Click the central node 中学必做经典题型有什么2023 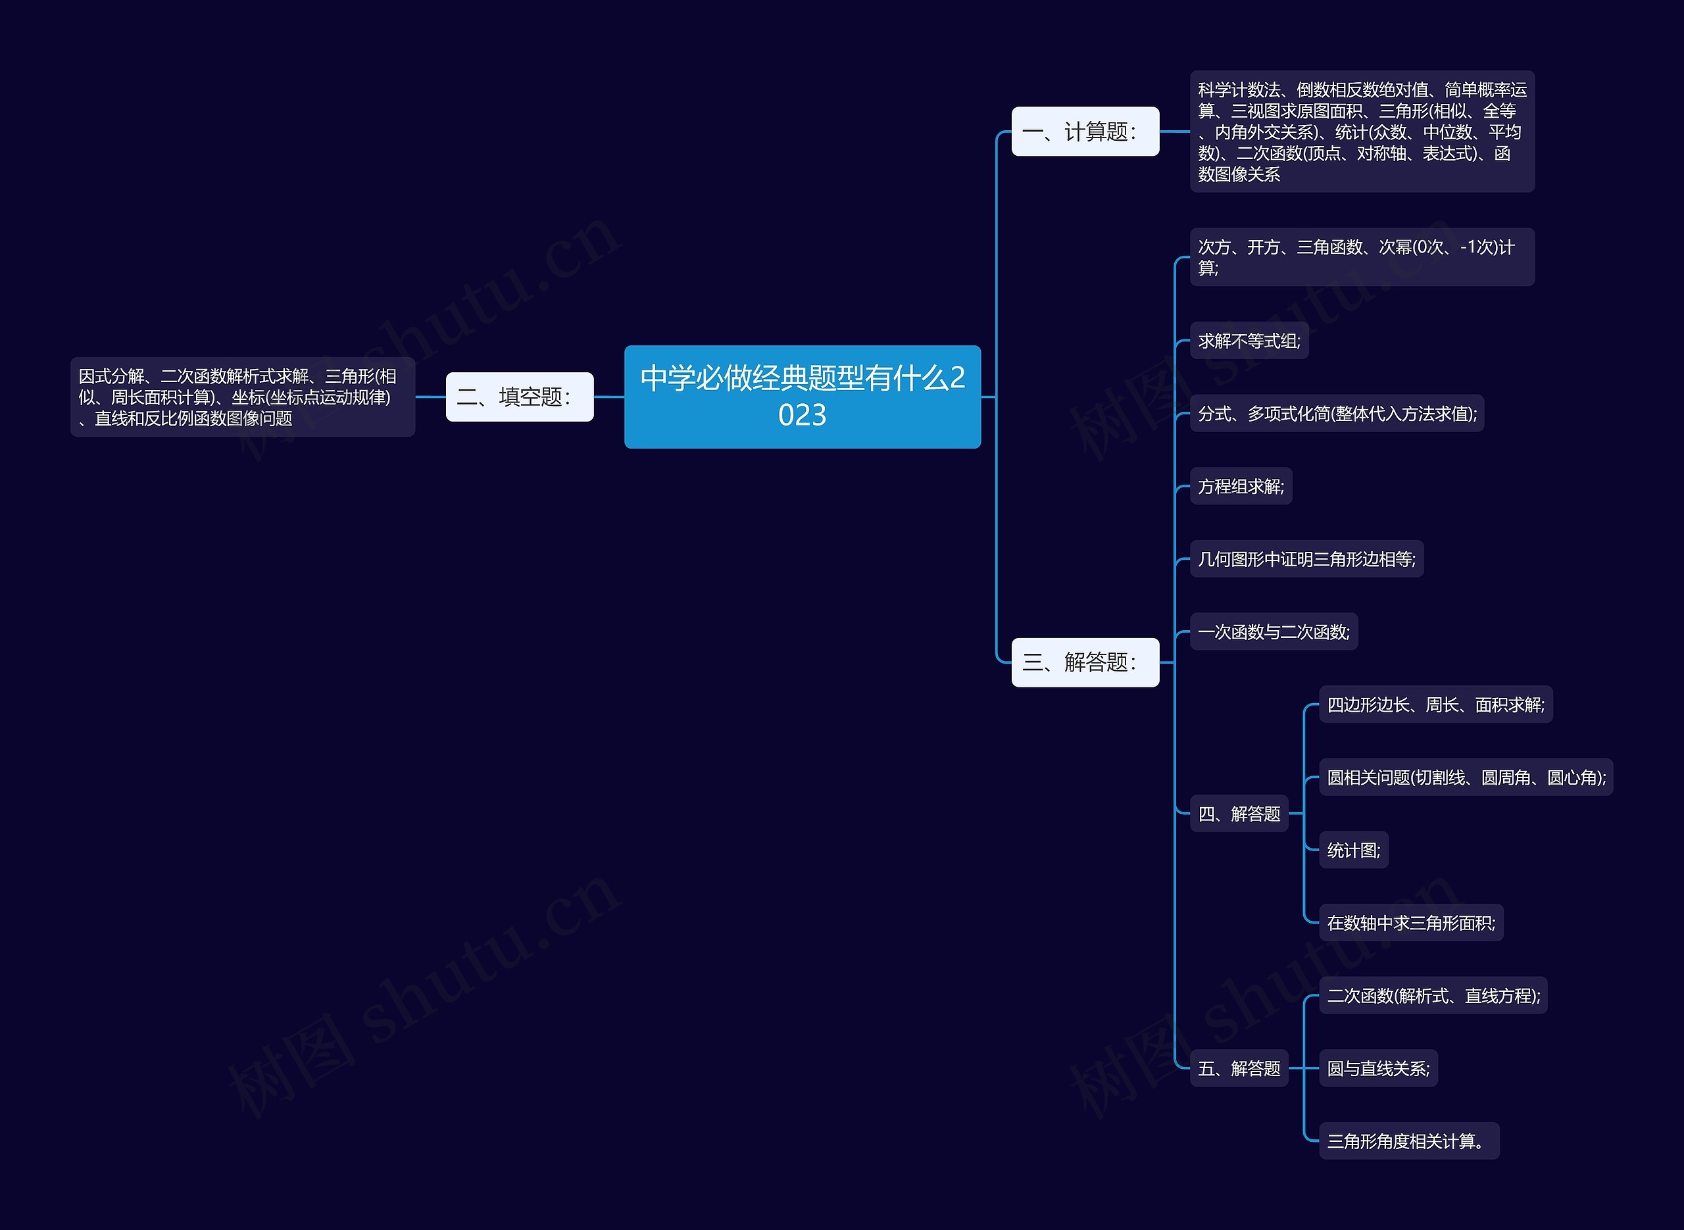(x=802, y=397)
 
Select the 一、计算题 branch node (x=1085, y=132)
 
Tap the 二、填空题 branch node (x=519, y=397)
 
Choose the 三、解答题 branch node (x=1085, y=662)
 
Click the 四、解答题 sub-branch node (x=1239, y=814)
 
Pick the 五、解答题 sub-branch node (x=1239, y=1068)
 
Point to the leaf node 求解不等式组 (x=1249, y=341)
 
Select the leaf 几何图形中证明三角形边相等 (x=1306, y=559)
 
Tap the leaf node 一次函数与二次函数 (x=1273, y=632)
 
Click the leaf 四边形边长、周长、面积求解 (x=1435, y=704)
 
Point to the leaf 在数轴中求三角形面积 (x=1410, y=923)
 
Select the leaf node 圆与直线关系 (x=1377, y=1068)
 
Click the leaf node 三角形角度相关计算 (x=1408, y=1141)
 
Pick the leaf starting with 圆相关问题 (x=1465, y=777)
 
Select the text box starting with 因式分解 (x=242, y=397)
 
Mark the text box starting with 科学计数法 (x=1362, y=132)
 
